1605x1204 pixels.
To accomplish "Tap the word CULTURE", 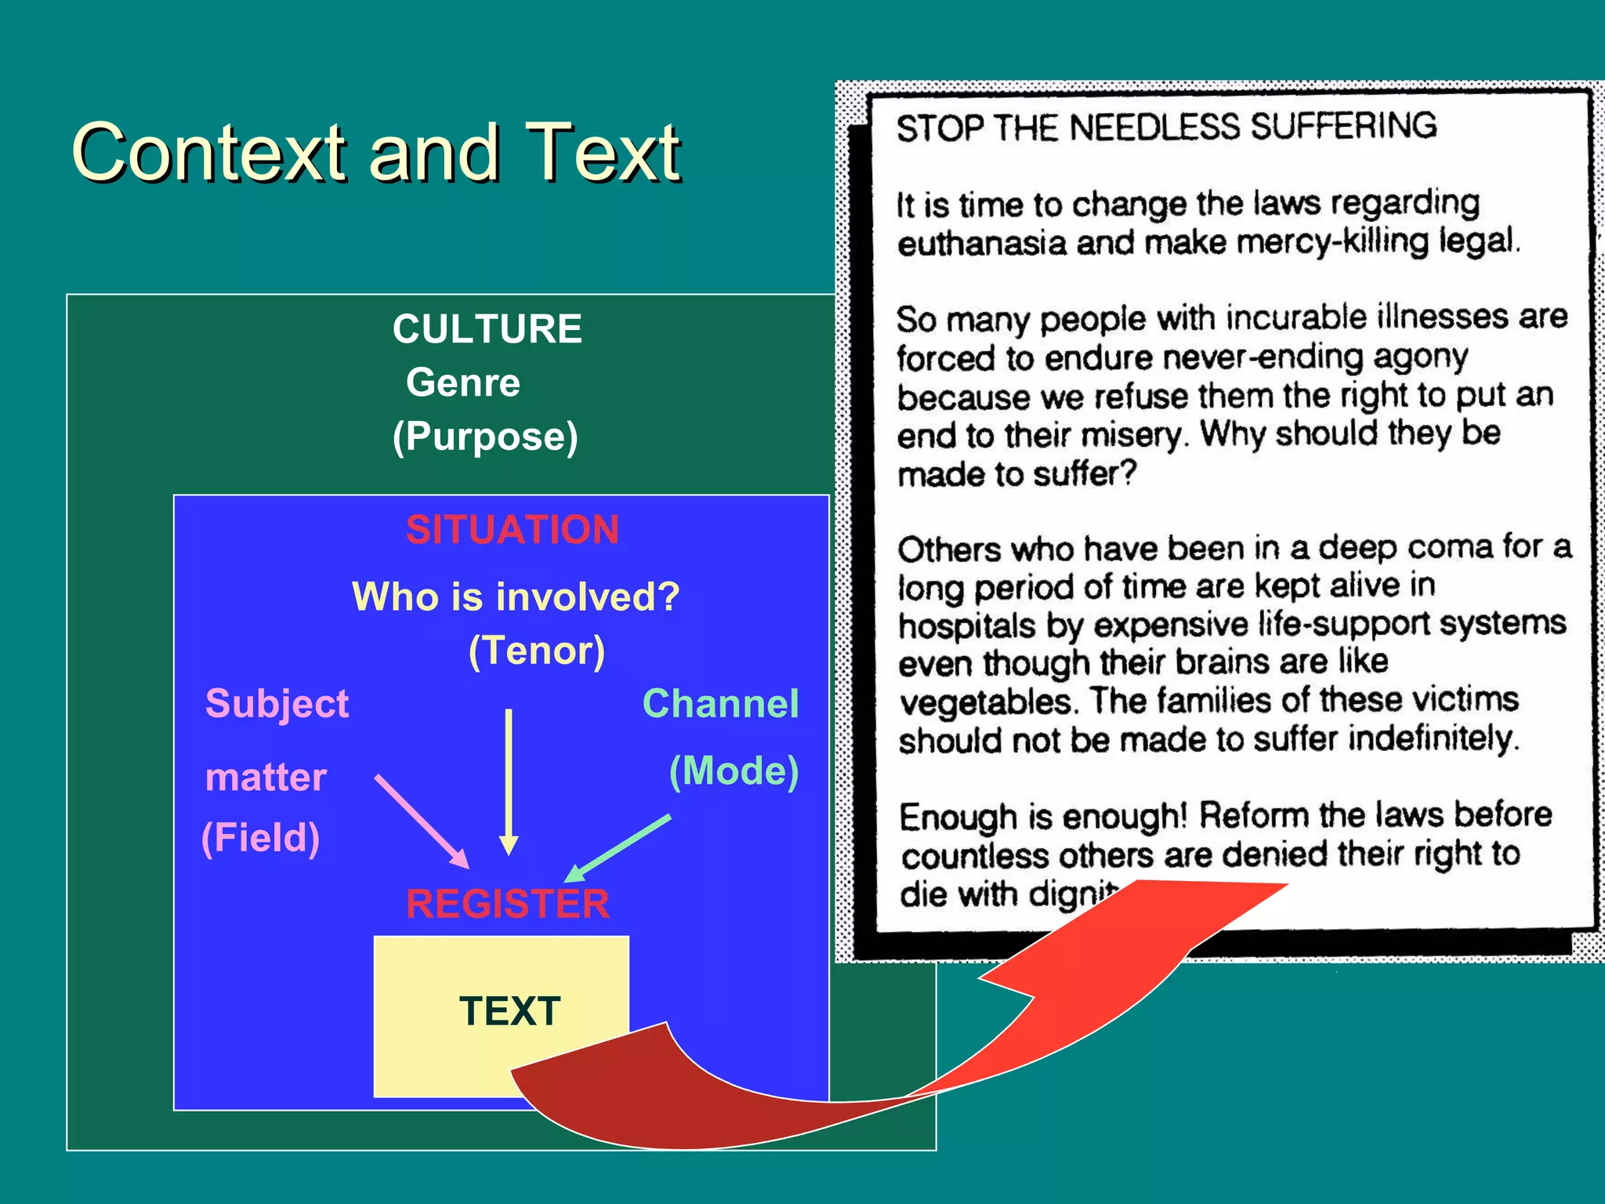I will pyautogui.click(x=487, y=329).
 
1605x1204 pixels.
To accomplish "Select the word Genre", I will pyautogui.click(x=462, y=383).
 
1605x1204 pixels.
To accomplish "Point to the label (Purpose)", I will pyautogui.click(x=485, y=437).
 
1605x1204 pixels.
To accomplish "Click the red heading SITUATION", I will pyautogui.click(x=513, y=530).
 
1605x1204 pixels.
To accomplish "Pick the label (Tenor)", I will pyautogui.click(x=537, y=651).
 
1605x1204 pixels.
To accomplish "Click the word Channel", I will pyautogui.click(x=720, y=703).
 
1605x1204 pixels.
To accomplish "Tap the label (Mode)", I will pyautogui.click(x=734, y=771).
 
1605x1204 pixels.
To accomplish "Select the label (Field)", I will pyautogui.click(x=260, y=838).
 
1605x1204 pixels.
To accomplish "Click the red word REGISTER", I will pyautogui.click(x=507, y=904).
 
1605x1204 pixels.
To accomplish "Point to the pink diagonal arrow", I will pyautogui.click(x=421, y=821).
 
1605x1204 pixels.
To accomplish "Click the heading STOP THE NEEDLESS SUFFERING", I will pyautogui.click(x=1166, y=127).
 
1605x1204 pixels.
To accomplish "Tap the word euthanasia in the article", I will pyautogui.click(x=982, y=243).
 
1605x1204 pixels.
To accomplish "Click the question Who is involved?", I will pyautogui.click(x=515, y=597).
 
